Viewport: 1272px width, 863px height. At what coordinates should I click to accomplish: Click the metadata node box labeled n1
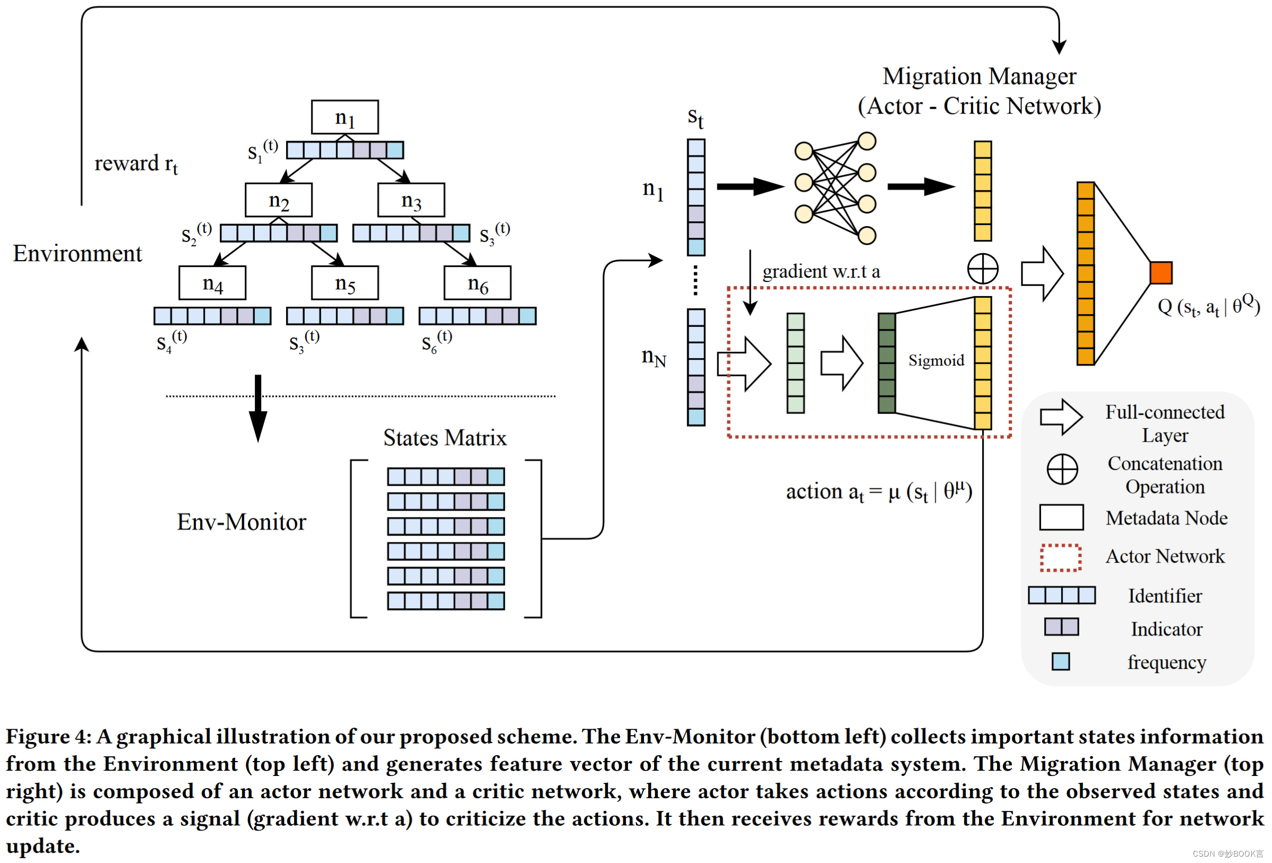(x=345, y=117)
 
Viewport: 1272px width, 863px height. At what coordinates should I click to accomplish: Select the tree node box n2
(x=279, y=200)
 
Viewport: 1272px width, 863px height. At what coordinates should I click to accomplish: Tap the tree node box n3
(x=411, y=200)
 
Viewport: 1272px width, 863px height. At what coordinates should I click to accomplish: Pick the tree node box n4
(x=212, y=283)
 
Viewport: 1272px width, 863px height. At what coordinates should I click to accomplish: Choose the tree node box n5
(x=345, y=283)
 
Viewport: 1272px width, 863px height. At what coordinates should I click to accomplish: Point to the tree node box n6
(x=477, y=283)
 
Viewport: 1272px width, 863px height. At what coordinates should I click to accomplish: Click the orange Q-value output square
(x=1161, y=272)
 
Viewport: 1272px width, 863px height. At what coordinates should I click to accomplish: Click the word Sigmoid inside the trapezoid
(x=936, y=360)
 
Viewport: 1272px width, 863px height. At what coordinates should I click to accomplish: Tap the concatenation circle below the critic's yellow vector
(x=983, y=269)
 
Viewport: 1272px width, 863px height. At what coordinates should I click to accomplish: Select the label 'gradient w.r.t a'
(x=821, y=271)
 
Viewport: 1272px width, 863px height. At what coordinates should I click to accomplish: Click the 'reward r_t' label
(x=136, y=163)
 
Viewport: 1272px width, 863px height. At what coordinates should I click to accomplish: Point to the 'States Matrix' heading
(x=444, y=438)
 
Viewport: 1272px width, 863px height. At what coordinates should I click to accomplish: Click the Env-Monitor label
(x=242, y=522)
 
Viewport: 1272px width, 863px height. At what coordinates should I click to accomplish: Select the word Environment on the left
(x=77, y=253)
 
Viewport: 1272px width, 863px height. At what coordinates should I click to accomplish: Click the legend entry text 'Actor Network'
(x=1165, y=557)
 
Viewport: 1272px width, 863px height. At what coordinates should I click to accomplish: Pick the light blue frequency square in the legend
(x=1061, y=662)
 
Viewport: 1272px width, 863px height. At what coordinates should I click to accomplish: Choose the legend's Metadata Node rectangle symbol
(x=1061, y=517)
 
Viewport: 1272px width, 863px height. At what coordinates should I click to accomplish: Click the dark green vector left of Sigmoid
(x=887, y=364)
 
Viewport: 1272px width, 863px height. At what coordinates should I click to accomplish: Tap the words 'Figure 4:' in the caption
(x=48, y=737)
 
